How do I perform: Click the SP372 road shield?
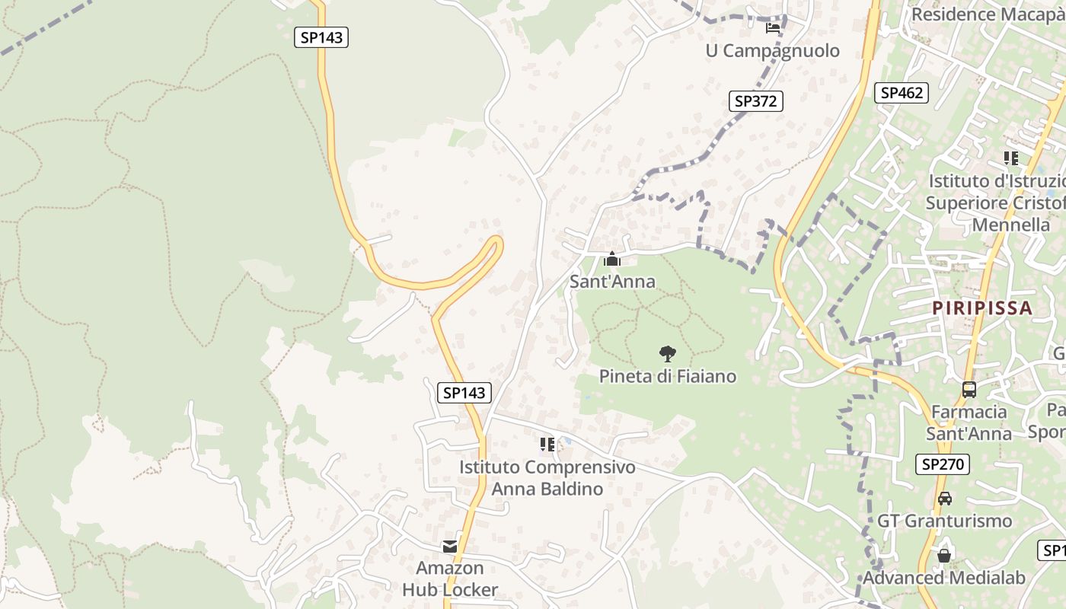pos(755,100)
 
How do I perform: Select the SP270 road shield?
pos(943,464)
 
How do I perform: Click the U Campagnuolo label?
pos(773,51)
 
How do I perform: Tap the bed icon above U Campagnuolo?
pos(773,28)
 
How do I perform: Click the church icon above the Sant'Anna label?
pos(611,260)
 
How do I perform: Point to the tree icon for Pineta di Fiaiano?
pos(667,353)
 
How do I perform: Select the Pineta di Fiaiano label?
pos(668,376)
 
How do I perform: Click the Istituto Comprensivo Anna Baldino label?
pos(547,477)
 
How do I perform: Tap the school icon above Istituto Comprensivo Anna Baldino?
pos(547,444)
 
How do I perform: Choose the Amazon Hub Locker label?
pos(450,579)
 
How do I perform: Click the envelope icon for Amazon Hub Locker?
pos(450,547)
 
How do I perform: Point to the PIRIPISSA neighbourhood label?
pos(983,308)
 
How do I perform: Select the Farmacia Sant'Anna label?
pos(969,422)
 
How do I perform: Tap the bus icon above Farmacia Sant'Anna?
pos(969,390)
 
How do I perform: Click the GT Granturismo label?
pos(944,521)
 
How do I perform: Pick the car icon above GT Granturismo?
pos(944,499)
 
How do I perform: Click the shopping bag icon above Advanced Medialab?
pos(944,556)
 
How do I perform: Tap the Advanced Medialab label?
pos(944,578)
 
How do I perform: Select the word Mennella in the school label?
pos(1011,225)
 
